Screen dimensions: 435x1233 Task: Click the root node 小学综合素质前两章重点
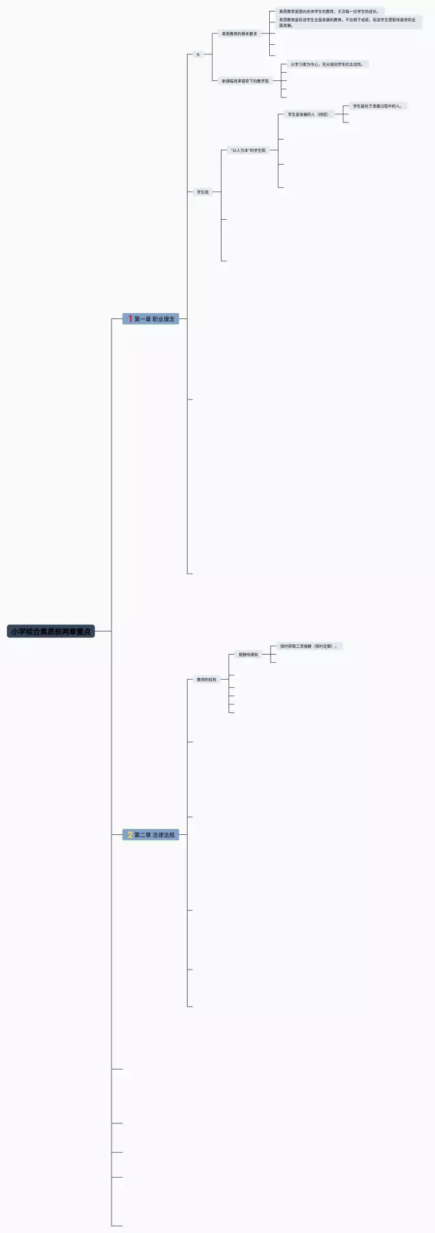[x=51, y=631]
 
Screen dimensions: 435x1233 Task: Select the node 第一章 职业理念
[x=151, y=318]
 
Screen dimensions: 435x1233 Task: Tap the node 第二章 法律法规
[x=151, y=834]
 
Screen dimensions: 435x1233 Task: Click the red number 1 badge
[x=130, y=318]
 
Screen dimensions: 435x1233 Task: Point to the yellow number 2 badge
[x=130, y=834]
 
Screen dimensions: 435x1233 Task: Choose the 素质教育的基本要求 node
[x=239, y=33]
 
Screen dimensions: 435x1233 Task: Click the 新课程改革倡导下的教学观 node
[x=245, y=81]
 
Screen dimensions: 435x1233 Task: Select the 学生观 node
[x=203, y=192]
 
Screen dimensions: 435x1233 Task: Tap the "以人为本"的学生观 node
[x=248, y=150]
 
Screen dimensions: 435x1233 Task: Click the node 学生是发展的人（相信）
[x=308, y=114]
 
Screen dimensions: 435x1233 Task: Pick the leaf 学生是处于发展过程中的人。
[x=377, y=106]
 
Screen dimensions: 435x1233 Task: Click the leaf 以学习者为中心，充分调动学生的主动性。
[x=327, y=64]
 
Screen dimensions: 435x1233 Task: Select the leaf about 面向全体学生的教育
[x=328, y=12]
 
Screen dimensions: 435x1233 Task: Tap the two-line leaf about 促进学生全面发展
[x=347, y=22]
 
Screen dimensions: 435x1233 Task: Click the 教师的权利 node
[x=207, y=679]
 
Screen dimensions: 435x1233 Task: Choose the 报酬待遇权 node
[x=248, y=655]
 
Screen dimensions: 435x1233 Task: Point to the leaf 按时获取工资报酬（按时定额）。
[x=309, y=646]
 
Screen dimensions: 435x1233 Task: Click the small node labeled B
[x=198, y=54]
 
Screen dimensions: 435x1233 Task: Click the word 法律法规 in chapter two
[x=163, y=834]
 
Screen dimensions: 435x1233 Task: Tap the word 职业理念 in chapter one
[x=163, y=318]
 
